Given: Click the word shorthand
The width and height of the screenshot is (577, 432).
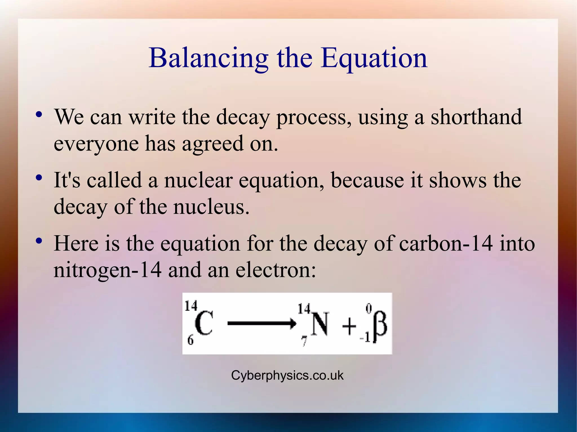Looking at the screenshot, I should (x=476, y=117).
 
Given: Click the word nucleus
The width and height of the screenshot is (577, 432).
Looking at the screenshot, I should (x=211, y=207).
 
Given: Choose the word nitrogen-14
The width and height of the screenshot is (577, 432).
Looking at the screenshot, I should (x=108, y=270).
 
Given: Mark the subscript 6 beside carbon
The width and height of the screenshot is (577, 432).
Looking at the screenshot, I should (x=190, y=341).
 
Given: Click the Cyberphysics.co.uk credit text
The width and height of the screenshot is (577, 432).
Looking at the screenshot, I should (x=287, y=375).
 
